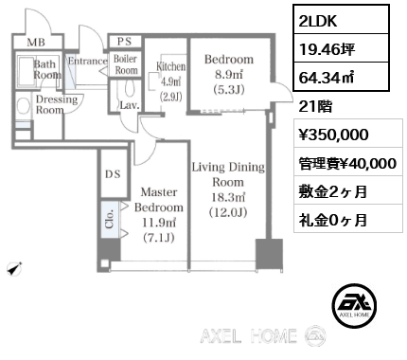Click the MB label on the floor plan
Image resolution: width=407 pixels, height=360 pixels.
coord(34,44)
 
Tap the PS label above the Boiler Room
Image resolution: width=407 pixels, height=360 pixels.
coord(125,42)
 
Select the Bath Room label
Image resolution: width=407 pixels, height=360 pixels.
coord(46,69)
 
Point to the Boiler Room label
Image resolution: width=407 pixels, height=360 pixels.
coord(126,63)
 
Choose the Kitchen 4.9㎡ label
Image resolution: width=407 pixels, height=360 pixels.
coord(169,81)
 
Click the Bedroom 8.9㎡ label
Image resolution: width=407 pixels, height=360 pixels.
coord(228,73)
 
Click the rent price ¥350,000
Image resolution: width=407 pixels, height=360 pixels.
coord(327,135)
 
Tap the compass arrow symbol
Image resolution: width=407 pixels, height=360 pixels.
coord(12,270)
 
